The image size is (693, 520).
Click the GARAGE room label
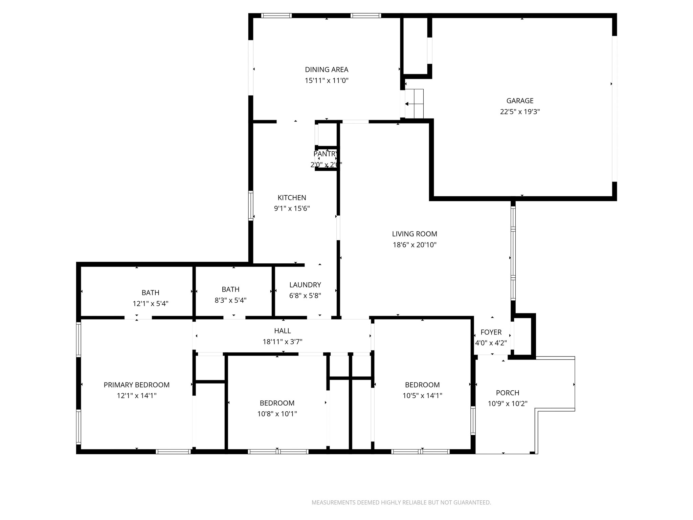click(x=520, y=101)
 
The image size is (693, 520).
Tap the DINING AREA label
click(x=327, y=69)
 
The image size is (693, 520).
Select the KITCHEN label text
click(x=292, y=198)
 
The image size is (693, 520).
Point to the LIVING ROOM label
click(x=415, y=234)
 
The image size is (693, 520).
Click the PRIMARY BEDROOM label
click(x=137, y=385)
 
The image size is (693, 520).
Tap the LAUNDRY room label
click(x=305, y=285)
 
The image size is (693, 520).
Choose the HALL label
click(x=283, y=331)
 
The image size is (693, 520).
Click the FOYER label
click(x=491, y=332)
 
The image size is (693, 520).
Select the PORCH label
click(x=508, y=393)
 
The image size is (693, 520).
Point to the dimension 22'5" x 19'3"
click(x=520, y=112)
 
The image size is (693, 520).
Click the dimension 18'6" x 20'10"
click(x=415, y=245)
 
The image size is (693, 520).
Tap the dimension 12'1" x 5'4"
click(x=151, y=304)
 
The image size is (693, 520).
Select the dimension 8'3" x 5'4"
click(x=230, y=300)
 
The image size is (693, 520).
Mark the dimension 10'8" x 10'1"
click(x=277, y=414)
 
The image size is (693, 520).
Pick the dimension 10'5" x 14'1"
click(x=422, y=395)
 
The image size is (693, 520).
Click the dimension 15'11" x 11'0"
click(x=327, y=81)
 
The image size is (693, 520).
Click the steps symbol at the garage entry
click(x=414, y=104)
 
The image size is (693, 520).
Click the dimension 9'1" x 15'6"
click(x=292, y=209)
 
